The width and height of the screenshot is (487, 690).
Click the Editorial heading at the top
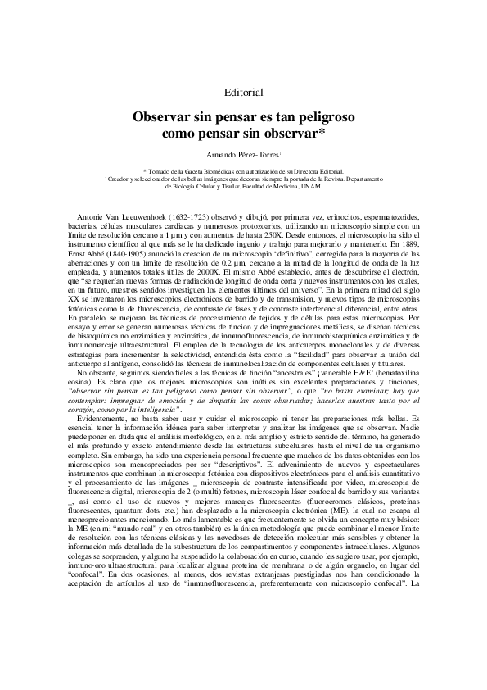(x=243, y=92)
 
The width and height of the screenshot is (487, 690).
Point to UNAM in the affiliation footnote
(x=313, y=186)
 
